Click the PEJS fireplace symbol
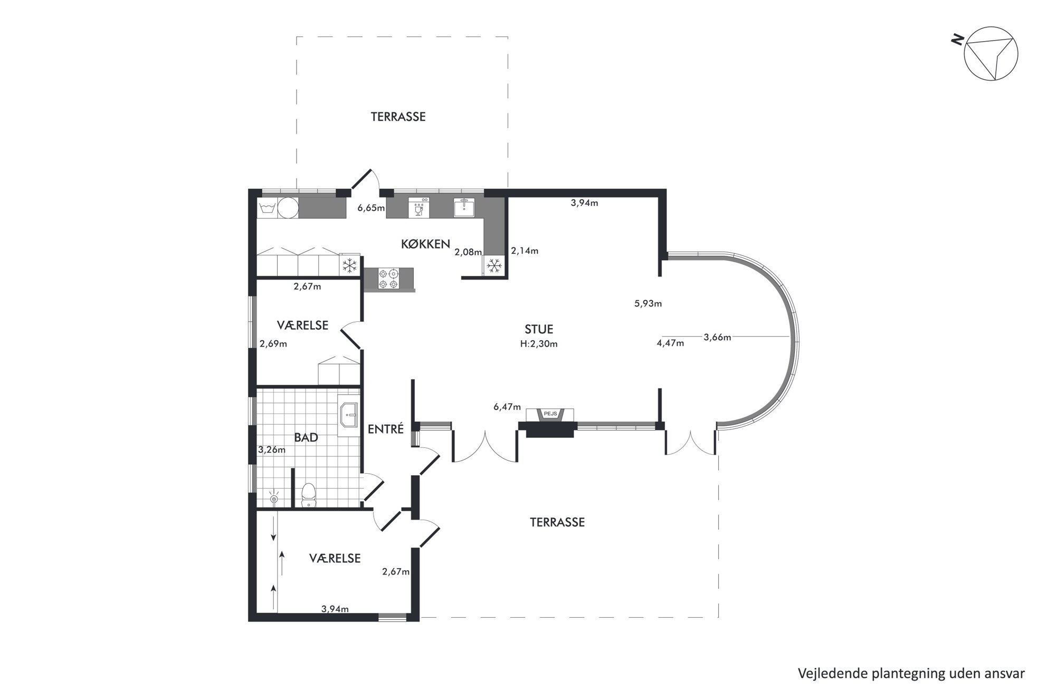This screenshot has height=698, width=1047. click(550, 414)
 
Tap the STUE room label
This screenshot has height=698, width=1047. click(539, 329)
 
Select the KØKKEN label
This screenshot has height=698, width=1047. click(425, 244)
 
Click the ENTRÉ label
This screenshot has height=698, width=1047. click(386, 429)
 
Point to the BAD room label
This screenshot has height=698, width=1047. click(306, 437)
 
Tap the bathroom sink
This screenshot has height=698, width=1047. click(349, 415)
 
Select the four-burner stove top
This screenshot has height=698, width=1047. click(388, 279)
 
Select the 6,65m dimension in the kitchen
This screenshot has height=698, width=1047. click(371, 208)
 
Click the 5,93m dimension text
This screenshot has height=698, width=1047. click(648, 303)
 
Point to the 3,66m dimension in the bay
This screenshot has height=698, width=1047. click(717, 337)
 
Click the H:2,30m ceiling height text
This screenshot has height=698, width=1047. click(539, 344)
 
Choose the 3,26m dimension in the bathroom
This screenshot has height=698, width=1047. click(272, 450)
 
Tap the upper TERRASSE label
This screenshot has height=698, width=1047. click(398, 117)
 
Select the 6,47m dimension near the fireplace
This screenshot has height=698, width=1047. click(507, 407)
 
